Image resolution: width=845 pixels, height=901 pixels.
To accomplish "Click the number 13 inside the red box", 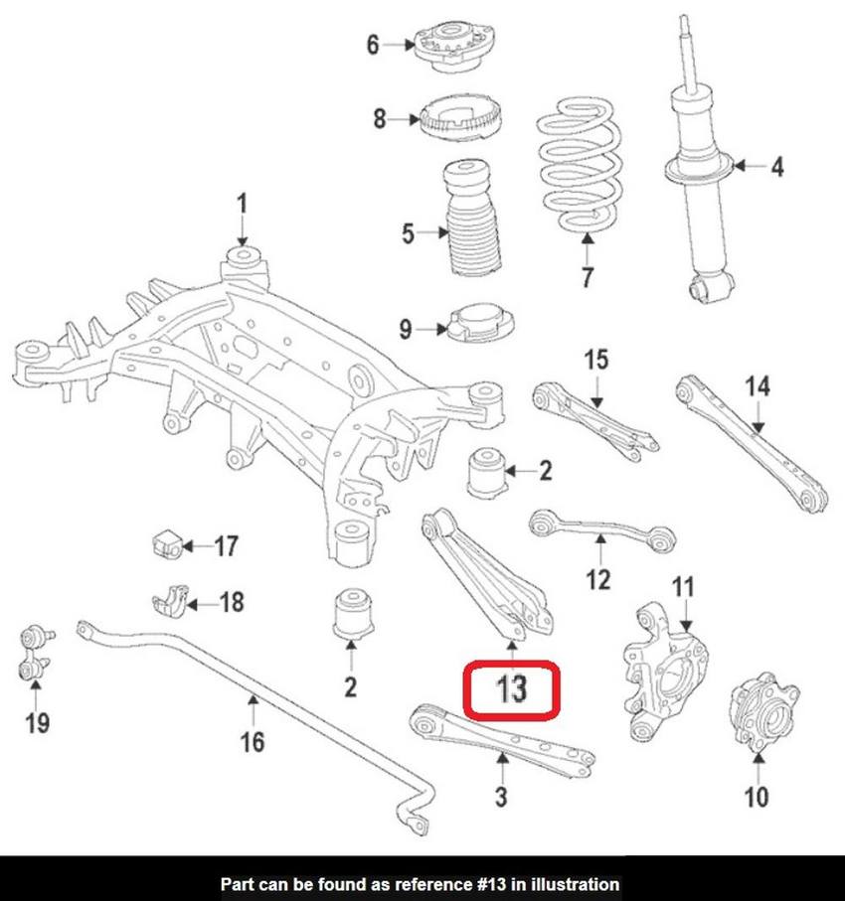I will pos(513,688).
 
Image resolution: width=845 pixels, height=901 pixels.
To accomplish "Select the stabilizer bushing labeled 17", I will pos(166,544).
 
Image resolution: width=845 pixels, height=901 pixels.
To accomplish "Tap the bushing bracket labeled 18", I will pos(171,602).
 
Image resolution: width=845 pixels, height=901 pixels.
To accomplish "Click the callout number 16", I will pos(253,740).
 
